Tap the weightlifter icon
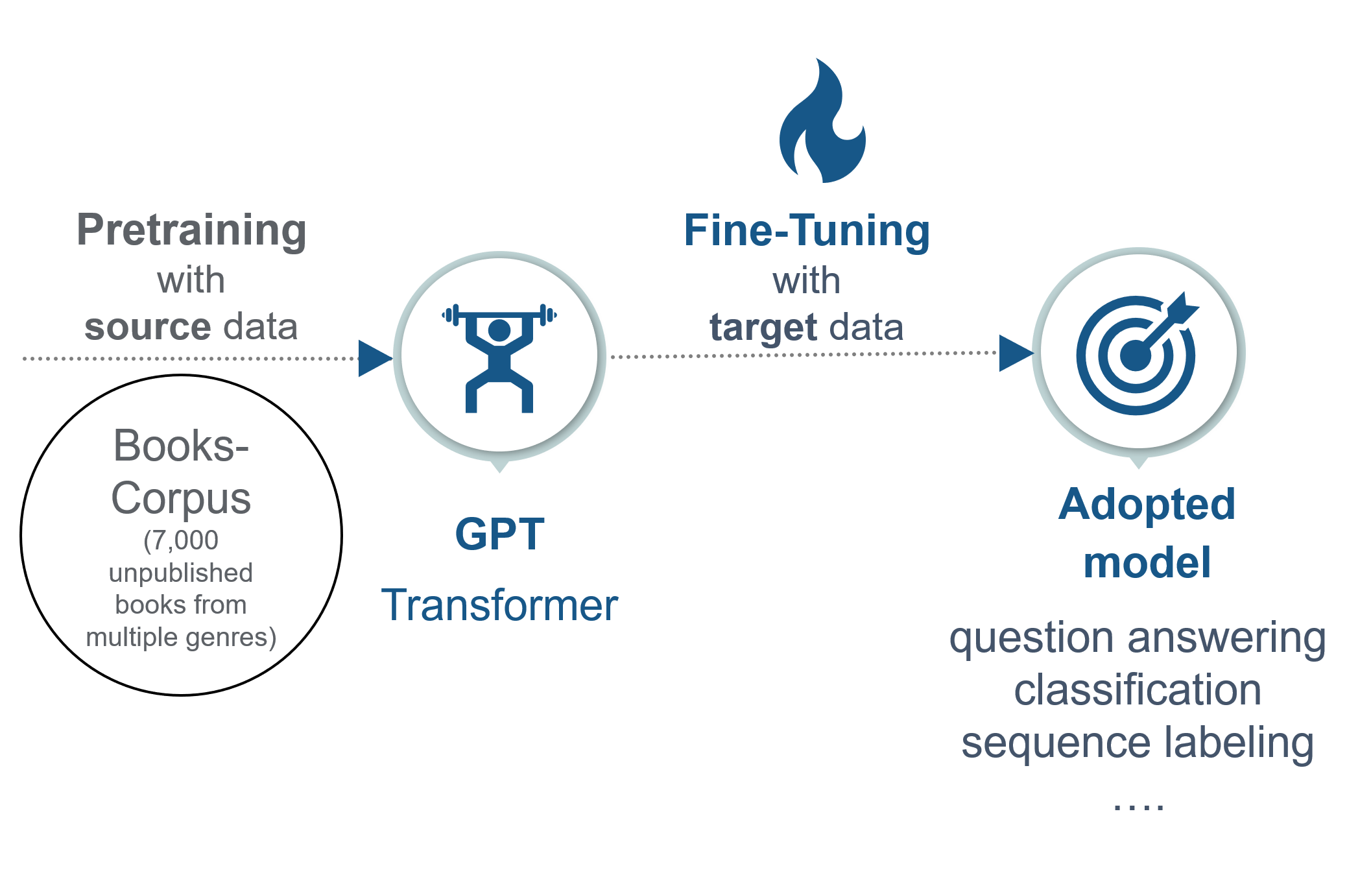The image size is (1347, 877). (499, 358)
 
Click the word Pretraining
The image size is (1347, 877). (191, 231)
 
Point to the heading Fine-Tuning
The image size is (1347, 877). (807, 231)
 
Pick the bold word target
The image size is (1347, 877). (763, 328)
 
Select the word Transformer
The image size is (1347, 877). (499, 605)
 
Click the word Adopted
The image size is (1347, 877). (1147, 505)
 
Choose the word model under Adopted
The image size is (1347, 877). (1147, 562)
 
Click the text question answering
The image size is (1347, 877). (1138, 638)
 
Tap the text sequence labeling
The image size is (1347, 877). (1138, 743)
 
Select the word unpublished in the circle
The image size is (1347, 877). (181, 573)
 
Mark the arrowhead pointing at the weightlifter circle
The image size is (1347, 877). (375, 358)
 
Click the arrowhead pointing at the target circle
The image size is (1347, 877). (1016, 354)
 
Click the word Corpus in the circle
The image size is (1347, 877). (181, 498)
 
